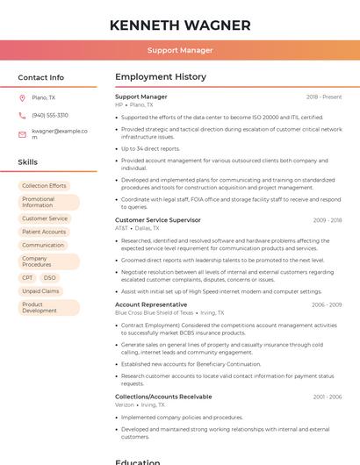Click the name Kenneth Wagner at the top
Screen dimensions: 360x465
coord(180,25)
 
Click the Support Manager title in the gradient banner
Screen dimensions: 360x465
coord(180,50)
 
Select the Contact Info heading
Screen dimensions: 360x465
coord(41,77)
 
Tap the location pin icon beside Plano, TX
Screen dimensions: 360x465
coord(22,97)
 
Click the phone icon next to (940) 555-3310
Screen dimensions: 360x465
coord(22,115)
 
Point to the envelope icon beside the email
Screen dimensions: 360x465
coord(22,133)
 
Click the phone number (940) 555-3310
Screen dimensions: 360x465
coord(50,115)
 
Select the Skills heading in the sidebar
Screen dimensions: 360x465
coord(28,162)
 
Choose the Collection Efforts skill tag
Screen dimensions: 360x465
coord(44,186)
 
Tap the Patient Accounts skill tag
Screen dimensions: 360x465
coord(44,232)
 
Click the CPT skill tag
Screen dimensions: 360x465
coord(28,277)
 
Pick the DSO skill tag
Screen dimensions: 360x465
coord(49,277)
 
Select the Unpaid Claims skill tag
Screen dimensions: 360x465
coord(40,290)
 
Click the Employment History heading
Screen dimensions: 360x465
coord(161,77)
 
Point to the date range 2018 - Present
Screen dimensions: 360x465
coord(324,97)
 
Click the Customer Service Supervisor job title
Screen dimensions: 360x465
coord(158,219)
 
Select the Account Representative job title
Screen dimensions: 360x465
coord(151,304)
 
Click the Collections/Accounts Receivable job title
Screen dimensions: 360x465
coord(163,397)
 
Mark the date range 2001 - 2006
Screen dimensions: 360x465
coord(327,397)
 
